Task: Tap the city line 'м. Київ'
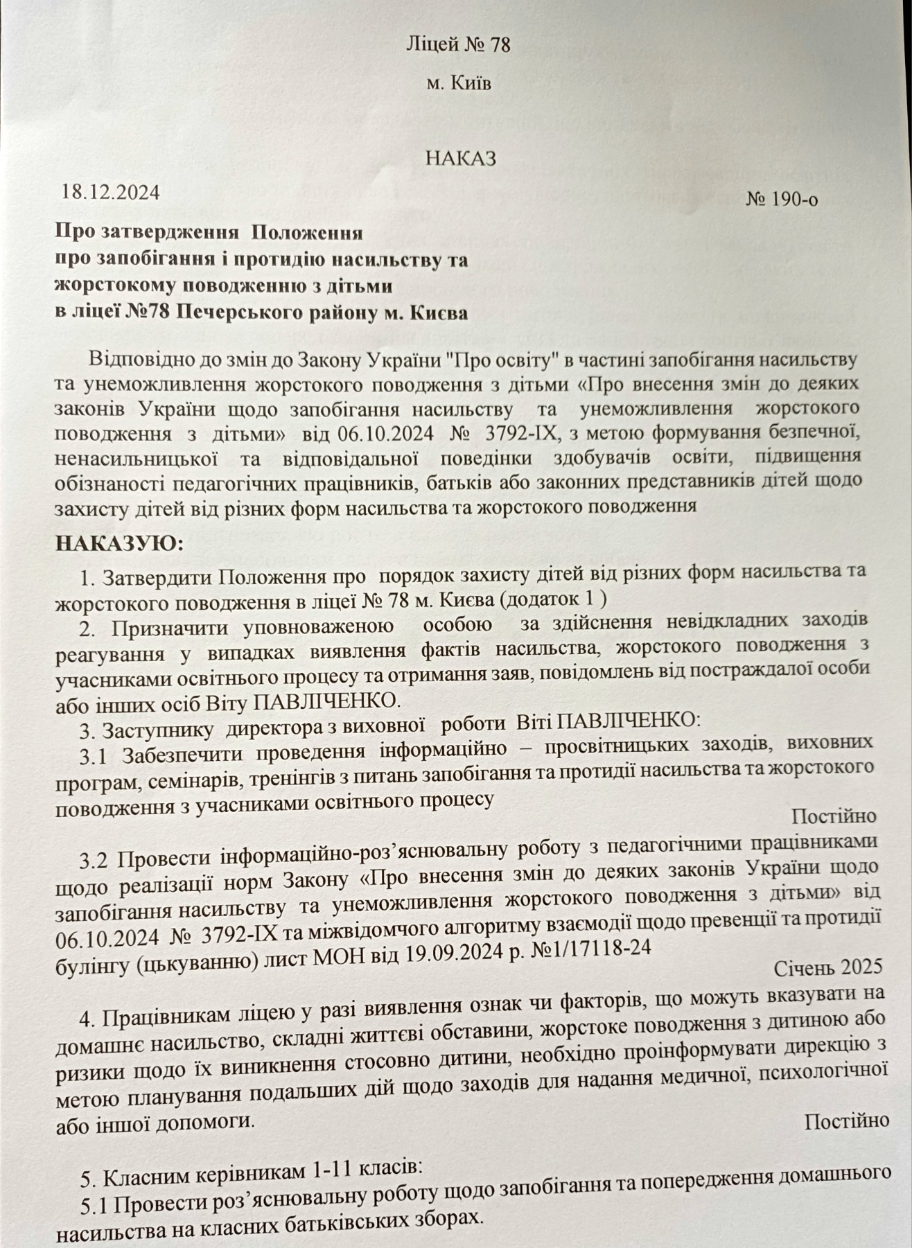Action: (459, 84)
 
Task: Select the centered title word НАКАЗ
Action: (461, 158)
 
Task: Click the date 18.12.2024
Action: (111, 192)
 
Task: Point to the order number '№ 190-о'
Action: (782, 200)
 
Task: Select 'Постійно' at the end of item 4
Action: (847, 1120)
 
